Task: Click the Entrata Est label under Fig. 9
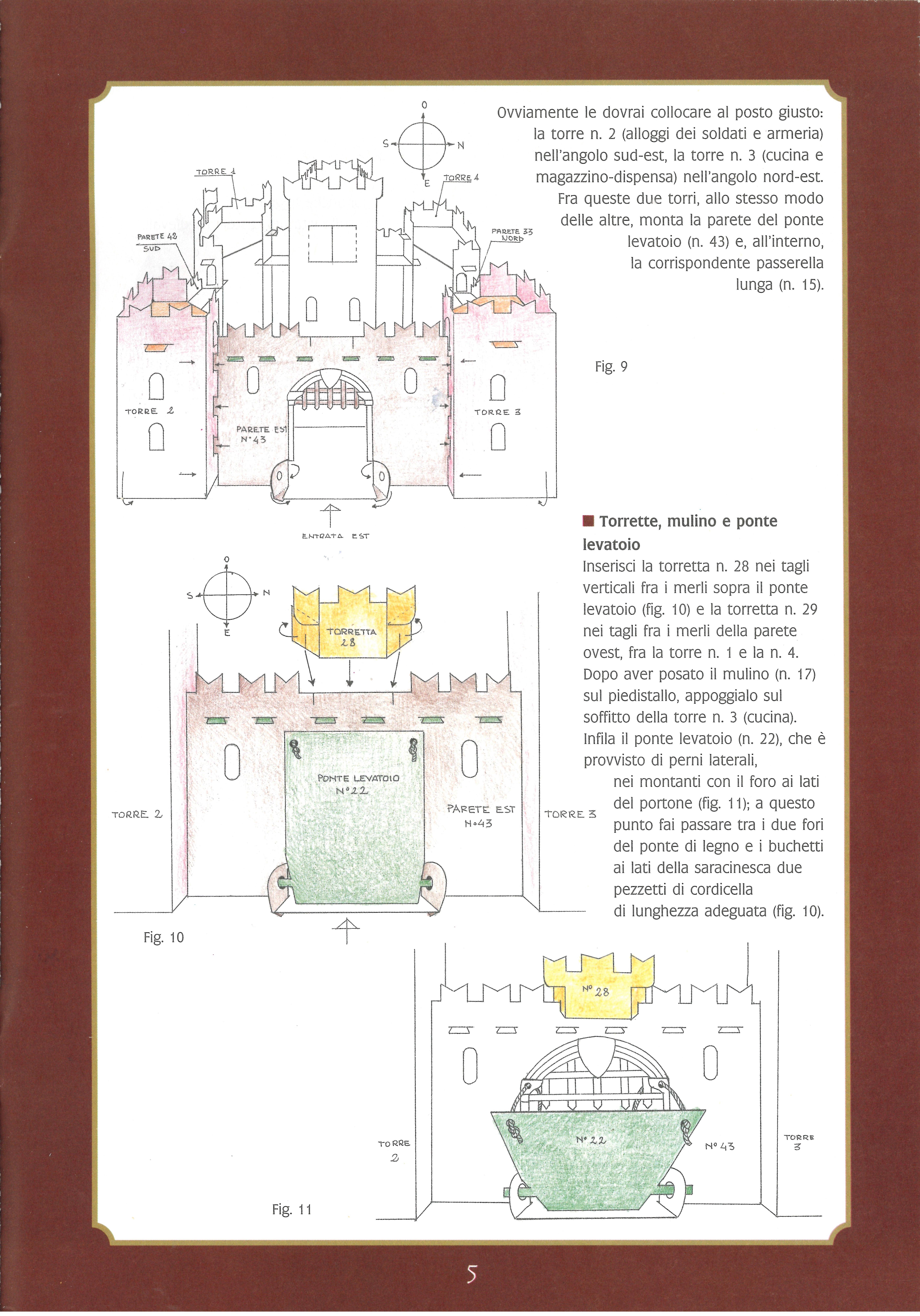(335, 536)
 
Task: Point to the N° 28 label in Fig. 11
(595, 990)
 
